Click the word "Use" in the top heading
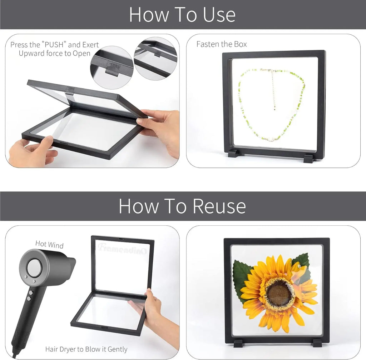219,15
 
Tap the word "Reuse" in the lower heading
219,206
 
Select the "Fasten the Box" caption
222,44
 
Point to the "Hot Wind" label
49,244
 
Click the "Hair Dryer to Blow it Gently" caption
86,349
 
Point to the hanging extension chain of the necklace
273,89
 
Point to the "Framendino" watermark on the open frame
123,248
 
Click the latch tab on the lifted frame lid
70,91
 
